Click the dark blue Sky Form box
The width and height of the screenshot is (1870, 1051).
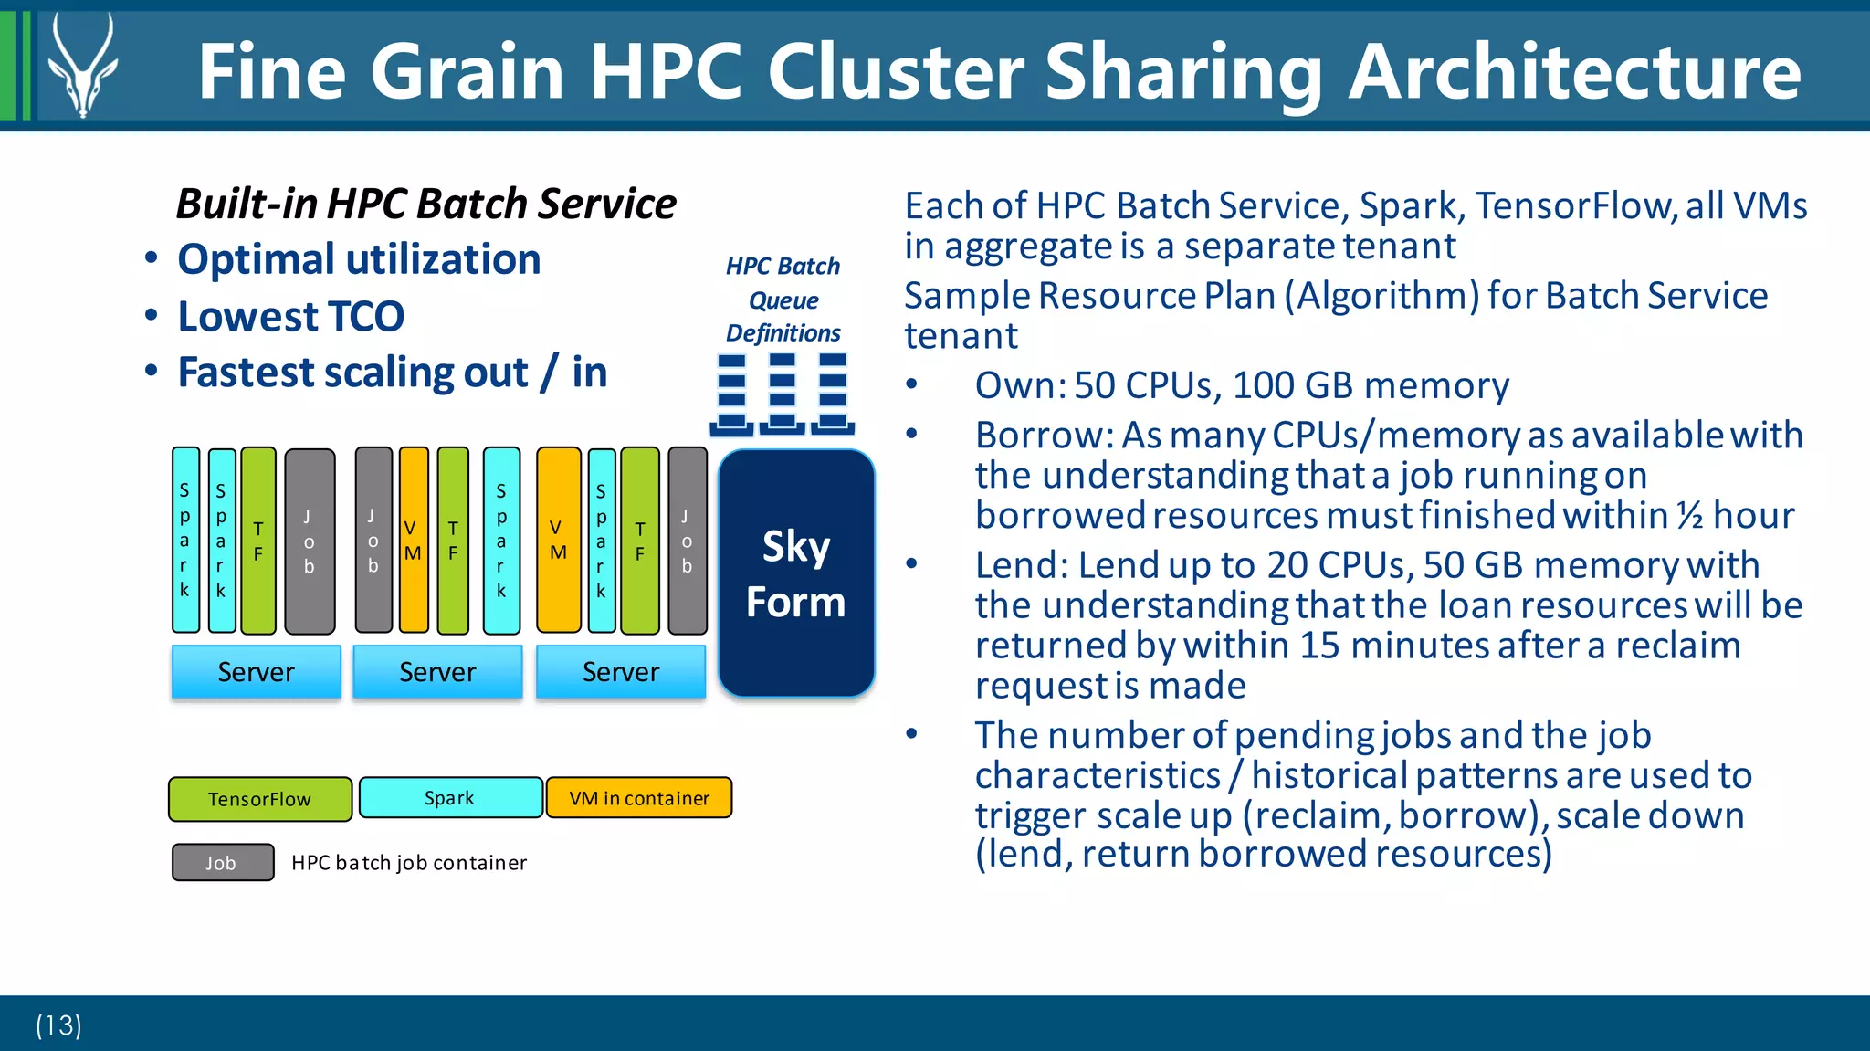point(795,573)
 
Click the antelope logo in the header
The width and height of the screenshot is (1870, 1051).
point(82,66)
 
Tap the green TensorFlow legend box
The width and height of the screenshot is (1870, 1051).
point(259,799)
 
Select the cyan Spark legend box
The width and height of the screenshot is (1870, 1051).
point(450,797)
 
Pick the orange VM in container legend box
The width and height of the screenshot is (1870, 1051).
point(638,797)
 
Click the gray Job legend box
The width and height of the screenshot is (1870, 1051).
point(222,862)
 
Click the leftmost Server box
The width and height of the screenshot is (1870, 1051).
point(256,672)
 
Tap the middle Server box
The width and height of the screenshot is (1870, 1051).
point(437,672)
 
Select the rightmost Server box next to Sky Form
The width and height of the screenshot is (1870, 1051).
point(620,672)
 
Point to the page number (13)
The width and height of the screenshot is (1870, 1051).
point(58,1025)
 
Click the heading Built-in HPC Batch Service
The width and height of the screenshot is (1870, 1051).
point(425,203)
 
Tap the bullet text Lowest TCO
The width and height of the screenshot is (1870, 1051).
point(290,317)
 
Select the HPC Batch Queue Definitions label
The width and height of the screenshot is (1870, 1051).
point(783,300)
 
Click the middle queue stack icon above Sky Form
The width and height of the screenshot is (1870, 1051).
point(782,393)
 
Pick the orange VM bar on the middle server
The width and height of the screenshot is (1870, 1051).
point(413,541)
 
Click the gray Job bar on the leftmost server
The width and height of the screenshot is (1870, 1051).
point(309,541)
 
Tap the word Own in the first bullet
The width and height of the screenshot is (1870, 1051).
point(1015,386)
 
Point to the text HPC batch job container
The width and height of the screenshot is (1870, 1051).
point(408,863)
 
